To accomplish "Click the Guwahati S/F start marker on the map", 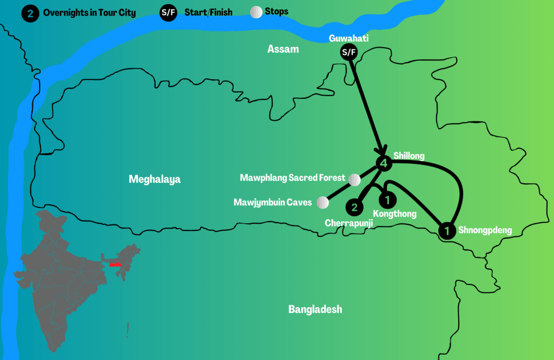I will click(348, 52).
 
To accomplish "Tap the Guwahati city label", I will click(348, 39).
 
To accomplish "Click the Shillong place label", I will click(409, 156).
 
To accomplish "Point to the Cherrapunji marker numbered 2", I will click(354, 206).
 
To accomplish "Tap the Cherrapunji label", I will click(349, 223).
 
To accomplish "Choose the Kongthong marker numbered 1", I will click(387, 200).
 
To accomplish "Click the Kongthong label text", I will click(395, 214).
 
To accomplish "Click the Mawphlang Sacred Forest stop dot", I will click(354, 179).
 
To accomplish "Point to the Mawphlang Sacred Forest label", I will click(293, 178).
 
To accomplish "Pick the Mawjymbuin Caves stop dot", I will click(322, 203).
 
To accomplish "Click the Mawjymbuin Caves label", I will click(273, 203).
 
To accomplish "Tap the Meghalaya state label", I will click(155, 179).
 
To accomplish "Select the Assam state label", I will click(283, 49).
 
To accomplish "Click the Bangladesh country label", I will click(315, 309).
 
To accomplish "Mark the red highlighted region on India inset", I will click(115, 265).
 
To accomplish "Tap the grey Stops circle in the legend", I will click(256, 12).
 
